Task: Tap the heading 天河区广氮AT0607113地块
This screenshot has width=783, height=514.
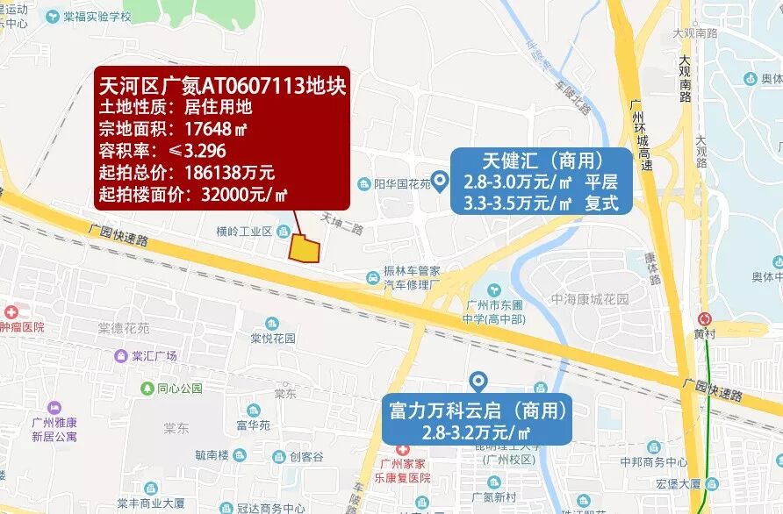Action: [222, 86]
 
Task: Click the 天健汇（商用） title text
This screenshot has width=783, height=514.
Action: [542, 161]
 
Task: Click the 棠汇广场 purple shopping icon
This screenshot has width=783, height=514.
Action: [120, 356]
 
